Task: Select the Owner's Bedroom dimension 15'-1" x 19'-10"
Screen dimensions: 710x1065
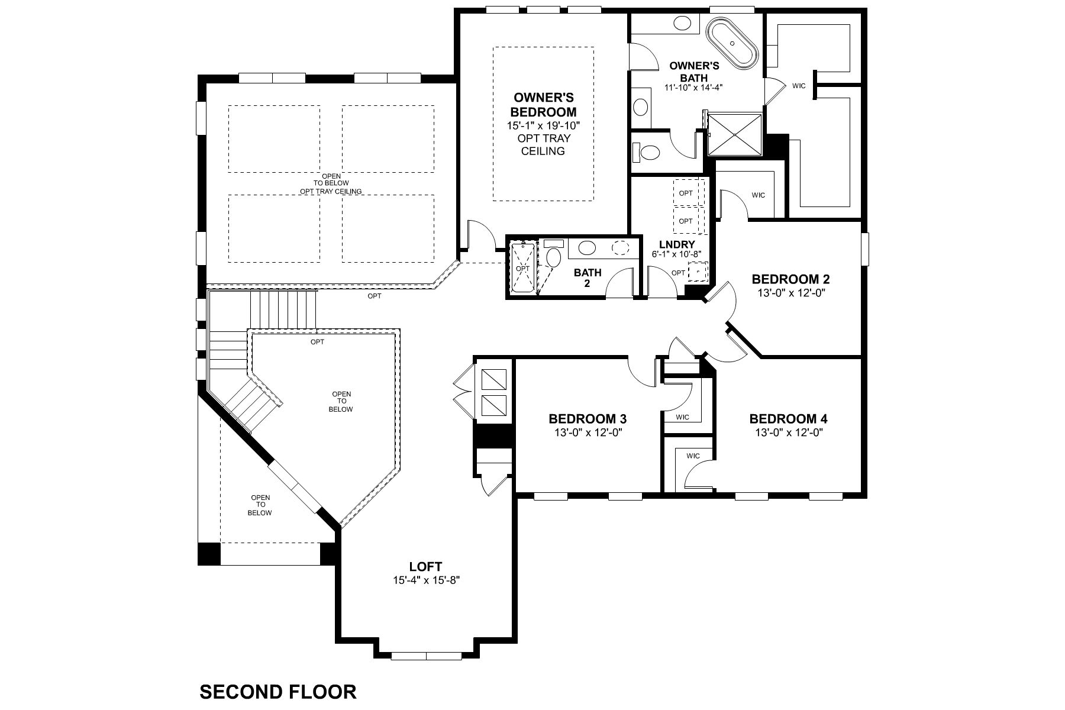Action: coord(543,125)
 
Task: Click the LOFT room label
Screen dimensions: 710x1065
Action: coord(426,566)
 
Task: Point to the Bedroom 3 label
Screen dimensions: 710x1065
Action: coord(588,419)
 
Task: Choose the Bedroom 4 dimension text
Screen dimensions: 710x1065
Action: coord(789,433)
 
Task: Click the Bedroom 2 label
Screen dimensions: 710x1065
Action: coord(790,279)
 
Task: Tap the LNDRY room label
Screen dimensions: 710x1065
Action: coord(677,244)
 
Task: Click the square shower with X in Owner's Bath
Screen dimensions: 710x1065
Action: coord(735,135)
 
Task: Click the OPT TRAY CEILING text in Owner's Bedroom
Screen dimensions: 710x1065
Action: coord(543,144)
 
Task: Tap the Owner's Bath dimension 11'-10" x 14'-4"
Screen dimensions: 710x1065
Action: coord(693,87)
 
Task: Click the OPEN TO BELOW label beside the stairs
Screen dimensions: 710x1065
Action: coord(341,401)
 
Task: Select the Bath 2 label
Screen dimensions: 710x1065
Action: coord(588,277)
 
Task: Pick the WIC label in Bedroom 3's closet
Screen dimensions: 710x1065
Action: coord(682,417)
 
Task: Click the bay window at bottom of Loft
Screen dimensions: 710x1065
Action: coord(426,655)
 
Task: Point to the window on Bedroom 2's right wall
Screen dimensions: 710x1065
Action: coord(865,248)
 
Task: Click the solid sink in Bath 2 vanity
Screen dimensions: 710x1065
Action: coord(587,248)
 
